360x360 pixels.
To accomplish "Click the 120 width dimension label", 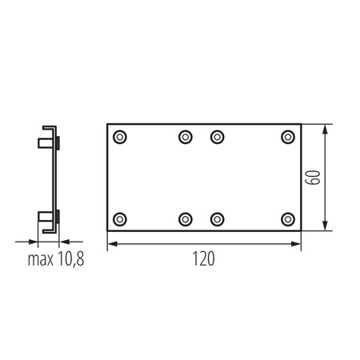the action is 203,258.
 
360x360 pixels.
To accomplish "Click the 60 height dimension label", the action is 313,178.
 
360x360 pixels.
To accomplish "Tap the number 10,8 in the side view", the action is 70,259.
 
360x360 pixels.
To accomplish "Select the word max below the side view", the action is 41,260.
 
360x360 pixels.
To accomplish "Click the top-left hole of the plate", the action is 120,137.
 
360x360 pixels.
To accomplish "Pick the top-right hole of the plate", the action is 288,137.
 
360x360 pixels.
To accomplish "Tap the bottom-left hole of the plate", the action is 120,219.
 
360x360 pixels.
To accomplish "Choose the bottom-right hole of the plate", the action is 288,219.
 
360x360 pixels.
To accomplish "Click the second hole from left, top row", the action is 186,137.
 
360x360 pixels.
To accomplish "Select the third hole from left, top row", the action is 218,137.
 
